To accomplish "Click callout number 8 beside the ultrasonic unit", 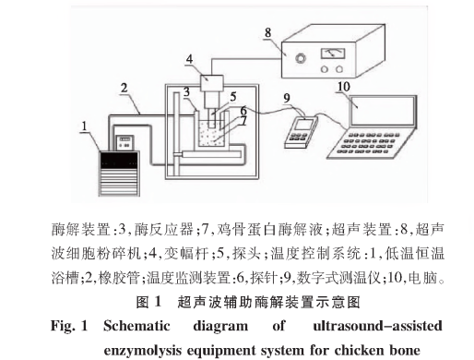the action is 267,32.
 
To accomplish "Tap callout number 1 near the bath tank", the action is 84,126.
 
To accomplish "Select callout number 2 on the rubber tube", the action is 124,88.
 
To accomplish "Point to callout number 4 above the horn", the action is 189,59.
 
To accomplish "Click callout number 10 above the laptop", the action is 343,87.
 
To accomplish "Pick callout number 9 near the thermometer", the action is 287,98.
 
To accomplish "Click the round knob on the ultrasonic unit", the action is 301,58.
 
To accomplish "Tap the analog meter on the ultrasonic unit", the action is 333,54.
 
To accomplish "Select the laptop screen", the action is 382,111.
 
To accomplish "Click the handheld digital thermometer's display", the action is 302,125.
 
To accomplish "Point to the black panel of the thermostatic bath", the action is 119,160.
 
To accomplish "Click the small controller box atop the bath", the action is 124,143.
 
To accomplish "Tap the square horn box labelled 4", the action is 212,83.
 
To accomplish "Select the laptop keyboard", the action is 367,143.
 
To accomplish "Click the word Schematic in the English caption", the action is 136,326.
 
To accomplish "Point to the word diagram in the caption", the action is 220,326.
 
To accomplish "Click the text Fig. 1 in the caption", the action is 69,326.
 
